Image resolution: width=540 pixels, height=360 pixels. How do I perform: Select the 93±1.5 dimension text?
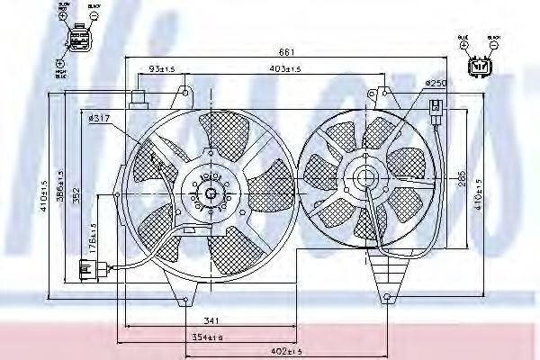tap(162, 68)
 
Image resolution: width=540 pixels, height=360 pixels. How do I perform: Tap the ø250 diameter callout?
tap(436, 83)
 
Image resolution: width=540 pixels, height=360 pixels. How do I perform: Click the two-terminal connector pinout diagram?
tap(481, 65)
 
